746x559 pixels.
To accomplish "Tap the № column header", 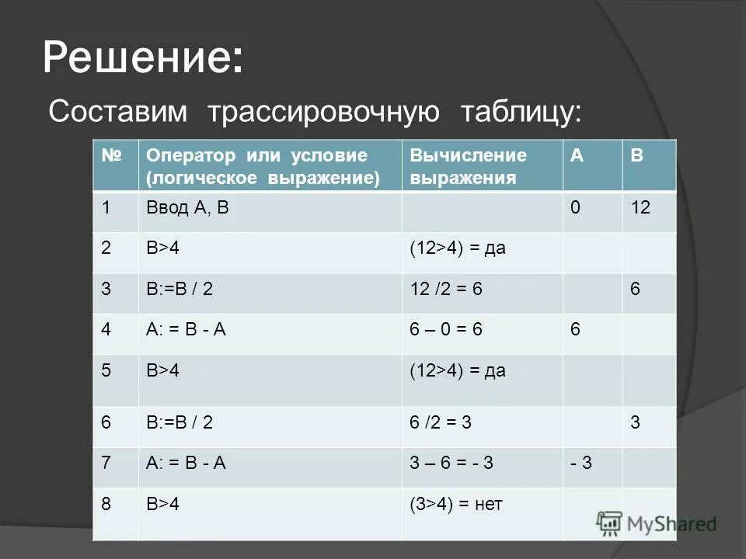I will pyautogui.click(x=115, y=155).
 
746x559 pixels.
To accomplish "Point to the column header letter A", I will pyautogui.click(x=577, y=155).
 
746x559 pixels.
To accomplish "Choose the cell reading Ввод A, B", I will pyautogui.click(x=187, y=208).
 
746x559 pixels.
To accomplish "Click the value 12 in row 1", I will pyautogui.click(x=642, y=208).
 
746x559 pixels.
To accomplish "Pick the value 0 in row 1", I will pyautogui.click(x=576, y=208).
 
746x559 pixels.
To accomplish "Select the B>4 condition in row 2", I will pyautogui.click(x=163, y=248).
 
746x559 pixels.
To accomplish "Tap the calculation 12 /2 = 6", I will pyautogui.click(x=447, y=289).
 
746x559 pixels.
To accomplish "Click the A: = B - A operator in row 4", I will pyautogui.click(x=186, y=330).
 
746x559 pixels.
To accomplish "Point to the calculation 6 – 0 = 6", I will pyautogui.click(x=448, y=330).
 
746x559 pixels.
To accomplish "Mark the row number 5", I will pyautogui.click(x=106, y=370).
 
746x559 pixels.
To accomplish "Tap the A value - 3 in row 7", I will pyautogui.click(x=581, y=464).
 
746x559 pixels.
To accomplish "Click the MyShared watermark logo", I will pyautogui.click(x=657, y=524).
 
